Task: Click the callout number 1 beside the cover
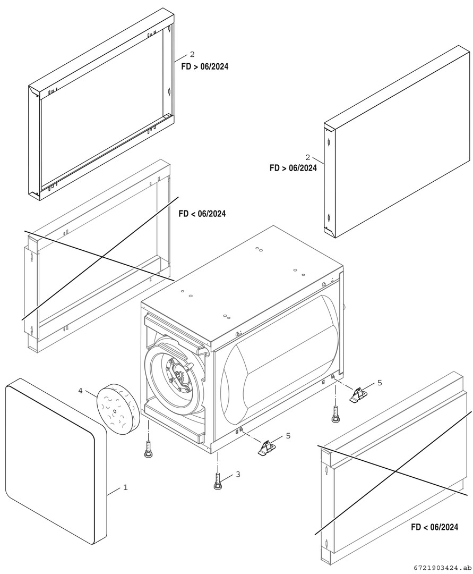tap(125, 487)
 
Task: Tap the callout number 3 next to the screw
tap(238, 474)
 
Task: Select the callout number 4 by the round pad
tap(81, 391)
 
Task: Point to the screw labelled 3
tap(218, 480)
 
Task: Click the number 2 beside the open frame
tap(192, 55)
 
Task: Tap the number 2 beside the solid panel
tap(307, 157)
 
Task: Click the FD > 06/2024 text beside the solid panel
tap(293, 168)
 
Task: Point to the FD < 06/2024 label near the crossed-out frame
tap(202, 214)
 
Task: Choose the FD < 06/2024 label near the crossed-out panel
tap(434, 527)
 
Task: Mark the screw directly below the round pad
tap(148, 448)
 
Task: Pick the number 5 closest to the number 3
tap(288, 436)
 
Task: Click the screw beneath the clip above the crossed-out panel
tap(336, 415)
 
